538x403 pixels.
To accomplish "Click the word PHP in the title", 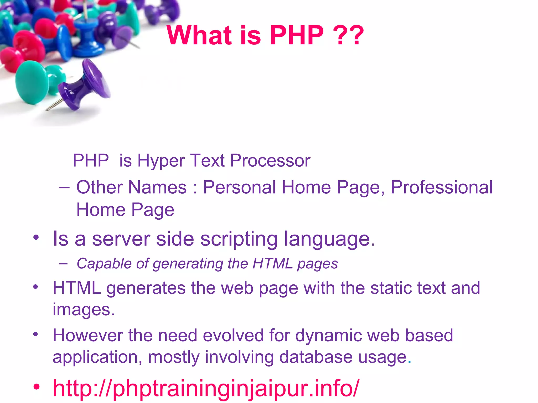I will click(x=297, y=35).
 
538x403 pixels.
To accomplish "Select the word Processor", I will click(x=270, y=161).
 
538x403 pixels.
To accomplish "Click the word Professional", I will click(x=442, y=187).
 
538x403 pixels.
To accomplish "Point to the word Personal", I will click(x=239, y=187).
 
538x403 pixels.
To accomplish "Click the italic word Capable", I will click(x=104, y=264).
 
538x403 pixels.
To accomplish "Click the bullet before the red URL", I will click(x=37, y=387).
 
